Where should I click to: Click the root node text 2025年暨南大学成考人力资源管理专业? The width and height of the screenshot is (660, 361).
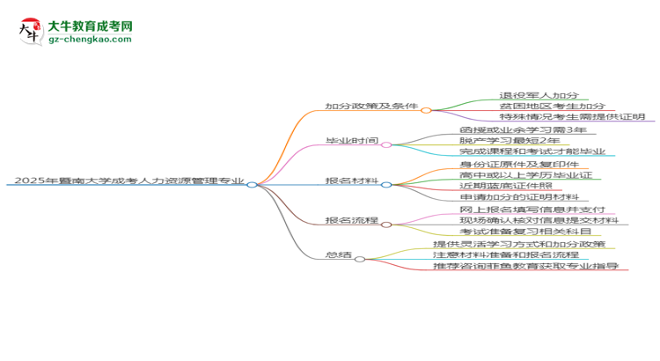pyautogui.click(x=129, y=180)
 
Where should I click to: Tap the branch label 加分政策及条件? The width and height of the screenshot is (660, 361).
pyautogui.click(x=371, y=106)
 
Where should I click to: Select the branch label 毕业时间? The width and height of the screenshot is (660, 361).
pyautogui.click(x=352, y=140)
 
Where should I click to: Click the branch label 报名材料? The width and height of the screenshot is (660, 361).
pyautogui.click(x=352, y=180)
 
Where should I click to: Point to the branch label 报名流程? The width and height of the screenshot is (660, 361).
pyautogui.click(x=352, y=220)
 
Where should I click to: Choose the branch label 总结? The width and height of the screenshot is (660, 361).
pyautogui.click(x=339, y=254)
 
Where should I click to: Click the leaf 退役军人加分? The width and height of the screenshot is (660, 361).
pyautogui.click(x=539, y=95)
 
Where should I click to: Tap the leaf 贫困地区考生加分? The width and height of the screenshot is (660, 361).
pyautogui.click(x=553, y=106)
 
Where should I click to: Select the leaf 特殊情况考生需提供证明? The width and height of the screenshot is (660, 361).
pyautogui.click(x=572, y=117)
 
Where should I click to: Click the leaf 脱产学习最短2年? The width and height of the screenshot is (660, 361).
pyautogui.click(x=510, y=140)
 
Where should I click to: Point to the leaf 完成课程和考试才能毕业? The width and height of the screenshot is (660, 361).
pyautogui.click(x=532, y=151)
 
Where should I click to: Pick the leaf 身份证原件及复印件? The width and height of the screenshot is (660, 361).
pyautogui.click(x=519, y=165)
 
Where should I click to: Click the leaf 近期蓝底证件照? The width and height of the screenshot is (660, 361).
pyautogui.click(x=506, y=186)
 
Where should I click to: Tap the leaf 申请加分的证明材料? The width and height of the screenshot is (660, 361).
pyautogui.click(x=519, y=196)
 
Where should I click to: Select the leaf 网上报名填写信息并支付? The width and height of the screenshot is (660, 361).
pyautogui.click(x=532, y=210)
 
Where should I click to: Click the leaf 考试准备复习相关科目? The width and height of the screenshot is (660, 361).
pyautogui.click(x=525, y=232)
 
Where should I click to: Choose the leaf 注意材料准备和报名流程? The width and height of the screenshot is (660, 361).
pyautogui.click(x=506, y=254)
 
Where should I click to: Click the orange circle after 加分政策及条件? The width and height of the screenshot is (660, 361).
pyautogui.click(x=426, y=110)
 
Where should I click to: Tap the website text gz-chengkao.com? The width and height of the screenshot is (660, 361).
pyautogui.click(x=90, y=39)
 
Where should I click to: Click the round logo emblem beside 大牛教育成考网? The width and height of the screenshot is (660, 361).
pyautogui.click(x=31, y=31)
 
